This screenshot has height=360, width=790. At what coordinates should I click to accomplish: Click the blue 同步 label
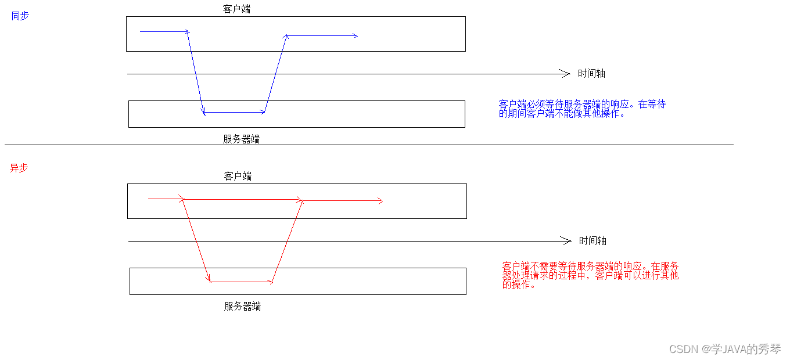click(20, 16)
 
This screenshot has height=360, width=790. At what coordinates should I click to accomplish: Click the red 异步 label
click(19, 168)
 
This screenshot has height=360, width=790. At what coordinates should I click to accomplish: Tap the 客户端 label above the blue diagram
click(236, 9)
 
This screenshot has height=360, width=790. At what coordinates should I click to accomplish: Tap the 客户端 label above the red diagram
click(238, 177)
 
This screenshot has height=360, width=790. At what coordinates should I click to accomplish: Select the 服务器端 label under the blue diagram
click(241, 139)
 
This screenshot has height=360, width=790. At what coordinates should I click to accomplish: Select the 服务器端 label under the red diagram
click(242, 307)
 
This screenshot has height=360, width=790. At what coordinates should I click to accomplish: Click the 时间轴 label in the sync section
click(591, 74)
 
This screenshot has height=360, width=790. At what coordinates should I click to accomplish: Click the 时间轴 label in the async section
click(592, 241)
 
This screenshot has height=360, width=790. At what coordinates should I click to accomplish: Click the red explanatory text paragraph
click(590, 275)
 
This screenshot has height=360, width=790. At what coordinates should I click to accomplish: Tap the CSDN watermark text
click(725, 349)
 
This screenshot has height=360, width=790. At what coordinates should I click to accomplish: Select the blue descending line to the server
click(196, 73)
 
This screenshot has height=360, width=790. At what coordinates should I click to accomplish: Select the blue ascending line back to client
click(275, 74)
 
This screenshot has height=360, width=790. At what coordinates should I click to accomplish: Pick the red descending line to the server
click(196, 240)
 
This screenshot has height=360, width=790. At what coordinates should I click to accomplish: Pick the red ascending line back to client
click(288, 241)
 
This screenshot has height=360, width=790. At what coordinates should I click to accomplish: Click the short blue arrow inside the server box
click(235, 112)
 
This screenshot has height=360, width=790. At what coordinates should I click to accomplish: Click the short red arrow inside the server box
click(241, 282)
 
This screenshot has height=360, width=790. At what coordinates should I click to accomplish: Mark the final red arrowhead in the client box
click(380, 201)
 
